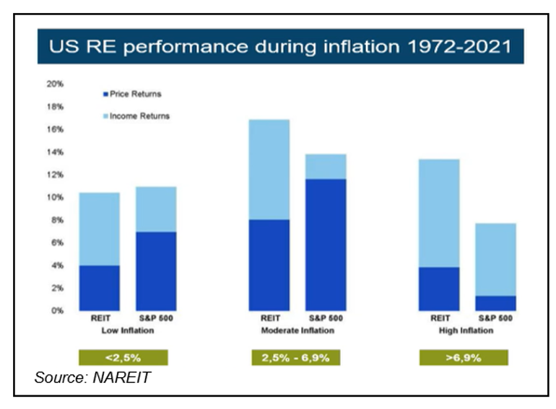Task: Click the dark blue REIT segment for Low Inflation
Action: coord(100,288)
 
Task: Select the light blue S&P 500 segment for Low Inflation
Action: coord(156,209)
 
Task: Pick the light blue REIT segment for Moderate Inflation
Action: coord(269,170)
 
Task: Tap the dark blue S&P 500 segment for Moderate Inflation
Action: coord(326,245)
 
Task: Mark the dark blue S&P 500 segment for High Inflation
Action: coord(495,303)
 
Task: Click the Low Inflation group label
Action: coord(128,331)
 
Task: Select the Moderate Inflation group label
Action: coord(298,331)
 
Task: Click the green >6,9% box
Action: coord(464,357)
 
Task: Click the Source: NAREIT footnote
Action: coord(93,377)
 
